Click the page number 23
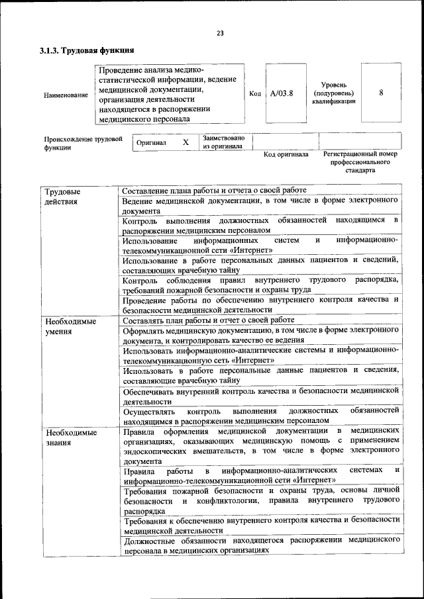click(220, 34)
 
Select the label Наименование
click(66, 95)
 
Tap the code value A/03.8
click(282, 93)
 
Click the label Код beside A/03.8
click(255, 93)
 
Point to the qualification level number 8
click(381, 93)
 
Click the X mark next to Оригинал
click(185, 142)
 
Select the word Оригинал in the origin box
click(151, 142)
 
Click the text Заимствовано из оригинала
click(224, 142)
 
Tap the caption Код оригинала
click(286, 155)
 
